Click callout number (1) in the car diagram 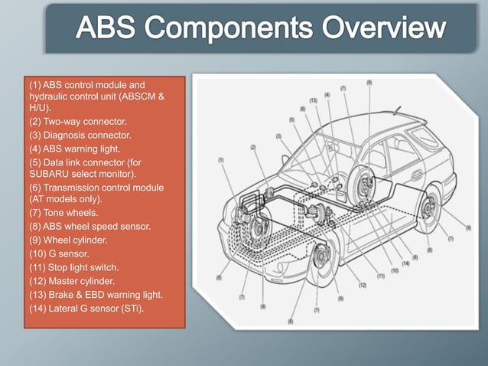pos(221,160)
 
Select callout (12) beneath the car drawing pos(363,285)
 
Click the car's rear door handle pos(415,175)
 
